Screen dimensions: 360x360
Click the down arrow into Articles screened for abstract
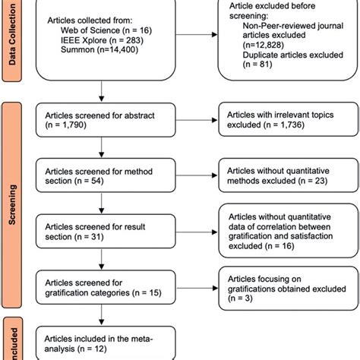pyautogui.click(x=101, y=95)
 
